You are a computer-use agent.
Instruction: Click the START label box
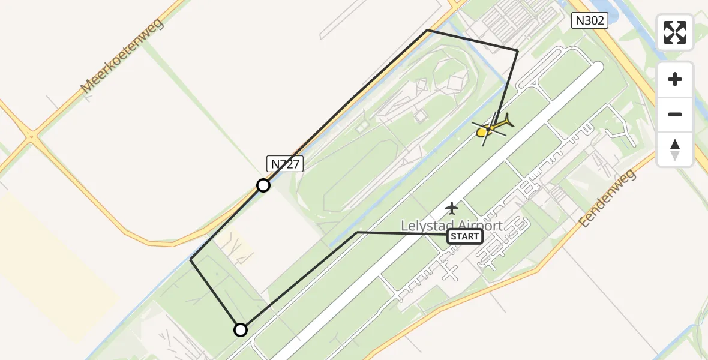coord(465,236)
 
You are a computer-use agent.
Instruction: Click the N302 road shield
coord(589,21)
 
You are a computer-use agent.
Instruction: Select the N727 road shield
coord(284,164)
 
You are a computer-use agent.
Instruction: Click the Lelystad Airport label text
coord(452,226)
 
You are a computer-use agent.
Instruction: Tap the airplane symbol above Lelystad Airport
coord(452,208)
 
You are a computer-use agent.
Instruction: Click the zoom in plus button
coord(675,79)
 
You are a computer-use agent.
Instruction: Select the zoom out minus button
coord(675,114)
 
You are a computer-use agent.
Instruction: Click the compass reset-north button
coord(675,149)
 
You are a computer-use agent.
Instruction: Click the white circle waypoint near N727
coord(263,185)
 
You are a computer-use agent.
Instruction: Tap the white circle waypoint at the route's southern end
coord(241,330)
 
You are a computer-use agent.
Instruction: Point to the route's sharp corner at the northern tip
coord(427,30)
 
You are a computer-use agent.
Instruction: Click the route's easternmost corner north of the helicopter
coord(517,51)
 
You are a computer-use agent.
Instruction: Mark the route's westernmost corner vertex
coord(191,260)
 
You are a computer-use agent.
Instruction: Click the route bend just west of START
coord(357,232)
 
